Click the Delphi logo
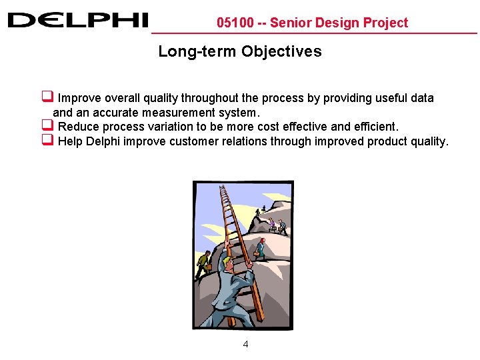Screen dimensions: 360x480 (77, 20)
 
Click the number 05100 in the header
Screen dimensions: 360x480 (235, 23)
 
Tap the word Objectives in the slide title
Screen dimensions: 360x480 (281, 51)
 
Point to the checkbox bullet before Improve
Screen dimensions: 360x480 (47, 97)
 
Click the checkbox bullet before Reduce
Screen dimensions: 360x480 (47, 125)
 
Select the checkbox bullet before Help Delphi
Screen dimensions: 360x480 (47, 140)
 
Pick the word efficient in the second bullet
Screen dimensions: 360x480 (374, 127)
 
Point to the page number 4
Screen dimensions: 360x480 (245, 345)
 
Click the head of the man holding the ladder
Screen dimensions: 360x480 (228, 261)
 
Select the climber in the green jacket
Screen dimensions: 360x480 (203, 261)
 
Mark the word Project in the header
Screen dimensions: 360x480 (385, 23)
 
